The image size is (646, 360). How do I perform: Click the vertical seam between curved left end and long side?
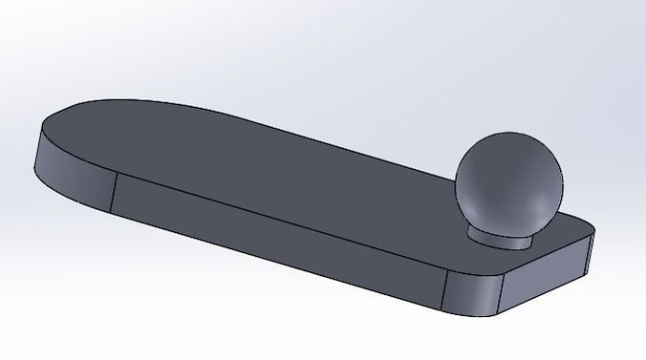(x=114, y=194)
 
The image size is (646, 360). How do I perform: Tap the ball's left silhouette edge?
(x=456, y=181)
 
